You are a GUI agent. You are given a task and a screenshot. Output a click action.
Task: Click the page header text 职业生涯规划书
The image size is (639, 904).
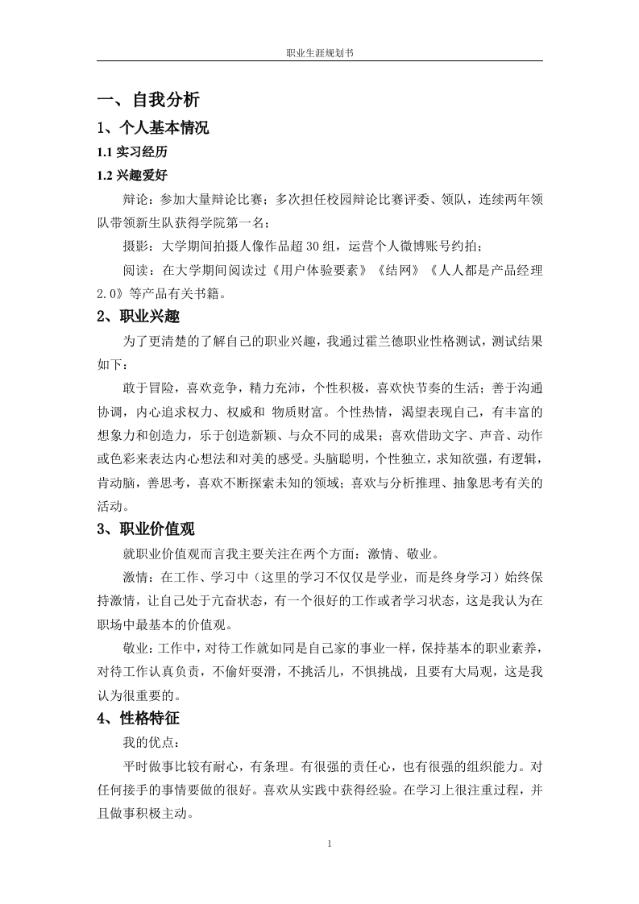click(320, 52)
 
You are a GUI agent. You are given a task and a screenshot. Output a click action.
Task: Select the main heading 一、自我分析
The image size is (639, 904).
click(148, 100)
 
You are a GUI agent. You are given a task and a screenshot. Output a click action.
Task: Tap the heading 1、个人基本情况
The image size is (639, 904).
click(153, 127)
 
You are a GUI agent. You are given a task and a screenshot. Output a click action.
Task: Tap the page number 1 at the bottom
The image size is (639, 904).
click(330, 844)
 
